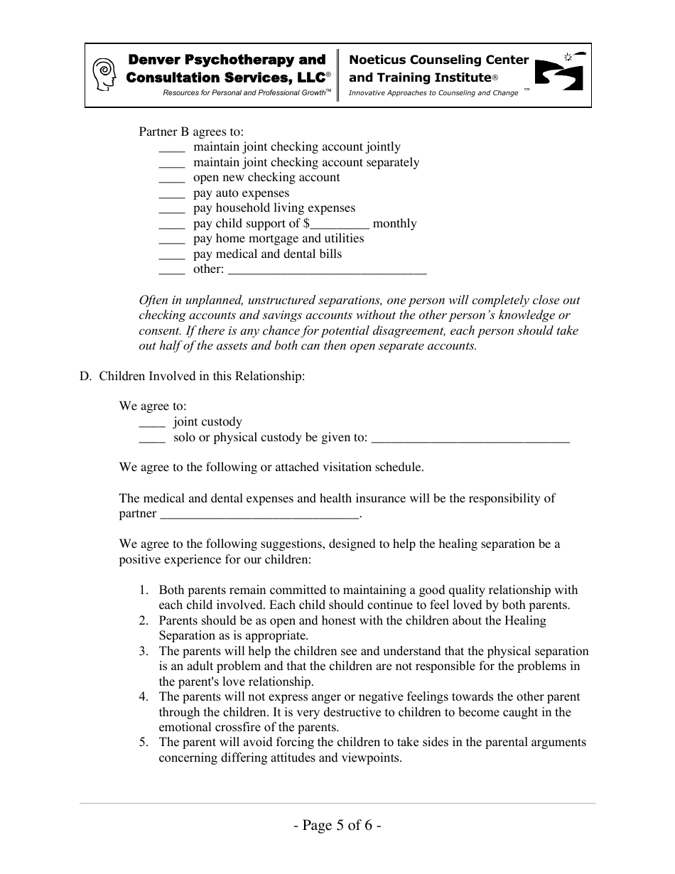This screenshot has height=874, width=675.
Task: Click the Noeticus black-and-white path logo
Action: click(x=558, y=72)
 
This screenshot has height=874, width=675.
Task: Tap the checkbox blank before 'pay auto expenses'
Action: click(x=172, y=194)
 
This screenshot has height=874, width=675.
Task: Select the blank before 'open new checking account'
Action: click(x=172, y=178)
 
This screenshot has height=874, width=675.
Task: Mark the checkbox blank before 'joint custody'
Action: click(x=152, y=423)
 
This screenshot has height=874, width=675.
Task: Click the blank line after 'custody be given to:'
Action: click(x=470, y=438)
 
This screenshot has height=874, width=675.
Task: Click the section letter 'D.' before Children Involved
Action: click(x=86, y=376)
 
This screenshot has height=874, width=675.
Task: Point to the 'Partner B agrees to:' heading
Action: click(x=191, y=131)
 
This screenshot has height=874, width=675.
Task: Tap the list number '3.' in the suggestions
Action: click(x=144, y=651)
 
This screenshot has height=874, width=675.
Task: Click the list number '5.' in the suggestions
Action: click(x=144, y=742)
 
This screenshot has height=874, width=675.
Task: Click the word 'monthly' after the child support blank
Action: click(x=394, y=224)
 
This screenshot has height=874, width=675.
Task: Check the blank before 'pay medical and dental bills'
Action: click(x=172, y=255)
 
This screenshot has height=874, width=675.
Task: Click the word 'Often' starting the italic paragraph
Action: click(x=153, y=300)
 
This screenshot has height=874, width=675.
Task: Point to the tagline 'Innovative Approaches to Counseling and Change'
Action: click(x=433, y=93)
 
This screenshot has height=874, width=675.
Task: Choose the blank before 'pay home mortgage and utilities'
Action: click(x=172, y=239)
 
